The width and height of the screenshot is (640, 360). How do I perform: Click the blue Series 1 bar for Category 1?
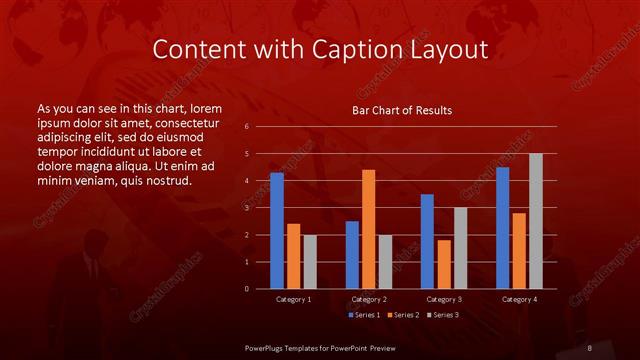[x=277, y=231]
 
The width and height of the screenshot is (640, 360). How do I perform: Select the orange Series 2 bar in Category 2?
[x=369, y=229]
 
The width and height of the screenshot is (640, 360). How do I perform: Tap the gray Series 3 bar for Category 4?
[x=536, y=221]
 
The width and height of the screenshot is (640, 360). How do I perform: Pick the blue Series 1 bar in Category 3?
[x=427, y=241]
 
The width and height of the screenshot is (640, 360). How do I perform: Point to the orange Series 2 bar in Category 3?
[x=444, y=264]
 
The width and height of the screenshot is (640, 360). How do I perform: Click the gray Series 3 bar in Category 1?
[x=310, y=262]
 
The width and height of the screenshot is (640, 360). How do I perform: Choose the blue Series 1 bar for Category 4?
[x=502, y=228]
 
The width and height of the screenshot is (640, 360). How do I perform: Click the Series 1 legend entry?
[x=363, y=315]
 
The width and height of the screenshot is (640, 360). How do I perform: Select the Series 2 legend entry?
[x=403, y=315]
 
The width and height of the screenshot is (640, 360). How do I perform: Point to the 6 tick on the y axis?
[x=246, y=127]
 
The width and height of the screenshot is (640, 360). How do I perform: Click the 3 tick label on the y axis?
[x=246, y=208]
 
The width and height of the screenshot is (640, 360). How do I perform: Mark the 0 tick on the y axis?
[x=246, y=289]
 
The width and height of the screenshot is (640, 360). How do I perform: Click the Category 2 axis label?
[x=369, y=299]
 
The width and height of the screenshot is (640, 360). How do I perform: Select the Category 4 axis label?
[x=519, y=299]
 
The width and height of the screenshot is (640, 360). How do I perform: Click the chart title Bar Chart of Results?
[x=402, y=109]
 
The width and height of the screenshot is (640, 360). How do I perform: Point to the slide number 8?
[x=590, y=347]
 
